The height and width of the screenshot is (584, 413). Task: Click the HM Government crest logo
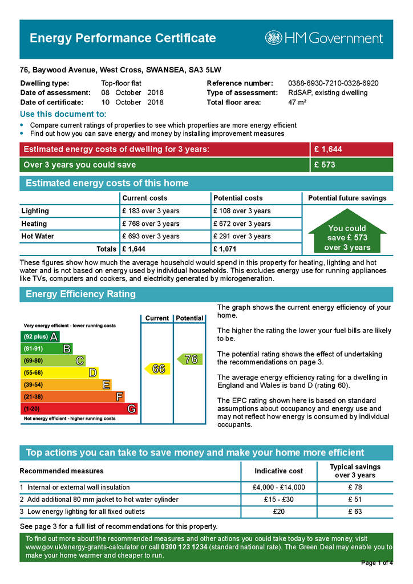coord(273,38)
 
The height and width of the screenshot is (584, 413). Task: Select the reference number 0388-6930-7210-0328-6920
coord(333,83)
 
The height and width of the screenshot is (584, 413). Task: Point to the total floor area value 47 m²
coord(297,103)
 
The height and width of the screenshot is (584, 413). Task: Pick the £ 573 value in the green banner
coord(325,165)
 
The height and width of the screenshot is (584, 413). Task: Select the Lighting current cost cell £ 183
coord(151,211)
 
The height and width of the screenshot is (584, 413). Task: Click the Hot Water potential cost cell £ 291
coord(242,236)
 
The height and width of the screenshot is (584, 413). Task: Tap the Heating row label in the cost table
coord(34,224)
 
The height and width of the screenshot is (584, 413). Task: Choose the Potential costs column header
coord(238,198)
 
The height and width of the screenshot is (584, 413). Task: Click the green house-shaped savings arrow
coord(347,234)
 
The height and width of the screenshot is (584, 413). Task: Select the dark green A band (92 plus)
coord(40,336)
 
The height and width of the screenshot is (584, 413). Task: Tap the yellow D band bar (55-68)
coord(59,372)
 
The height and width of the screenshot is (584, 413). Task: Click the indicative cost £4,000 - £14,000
coord(278,488)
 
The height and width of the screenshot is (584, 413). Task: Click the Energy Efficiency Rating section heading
coord(81,294)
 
